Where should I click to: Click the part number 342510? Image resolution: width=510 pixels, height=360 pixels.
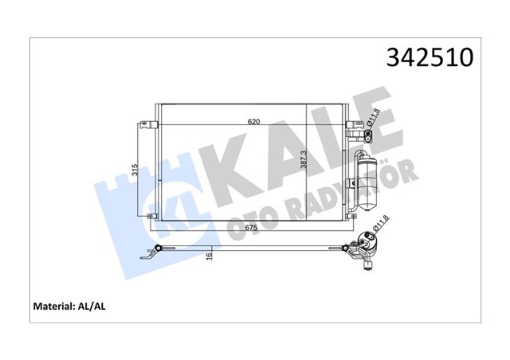point(430,58)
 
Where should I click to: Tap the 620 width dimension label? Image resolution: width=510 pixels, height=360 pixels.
point(253,122)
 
